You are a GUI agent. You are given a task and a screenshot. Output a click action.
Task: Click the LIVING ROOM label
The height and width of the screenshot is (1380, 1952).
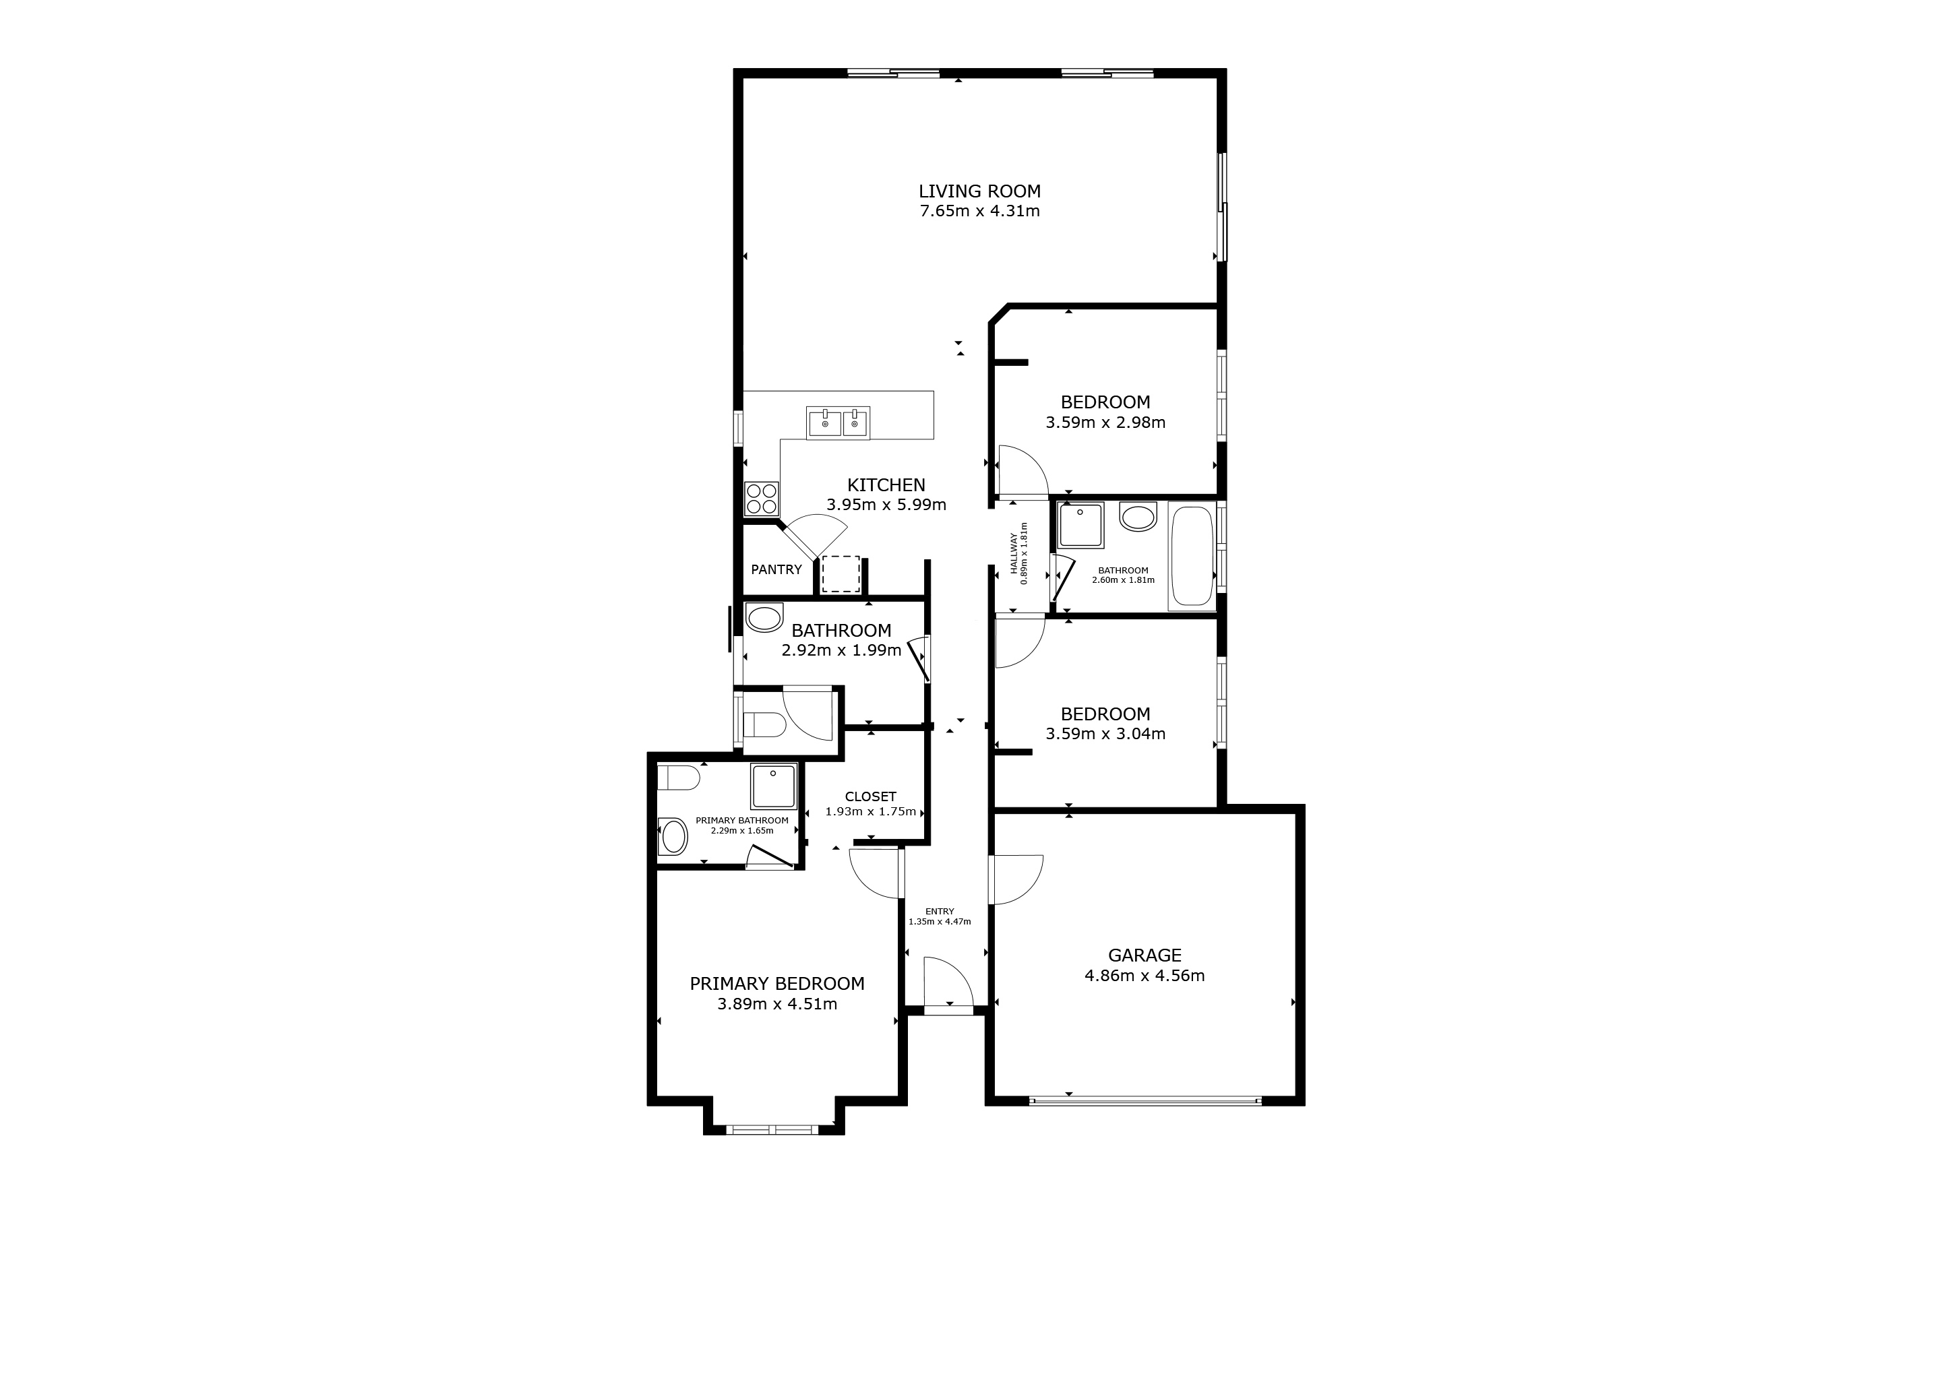click(x=979, y=191)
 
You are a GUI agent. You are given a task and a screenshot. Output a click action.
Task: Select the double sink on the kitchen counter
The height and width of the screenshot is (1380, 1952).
click(x=838, y=422)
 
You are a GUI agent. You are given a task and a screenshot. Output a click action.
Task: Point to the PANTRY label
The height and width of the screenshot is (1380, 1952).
click(x=776, y=569)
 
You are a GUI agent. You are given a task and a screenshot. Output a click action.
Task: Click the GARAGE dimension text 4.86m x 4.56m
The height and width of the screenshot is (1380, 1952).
click(x=1145, y=976)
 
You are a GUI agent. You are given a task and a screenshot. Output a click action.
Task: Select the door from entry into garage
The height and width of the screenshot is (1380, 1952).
click(x=1015, y=879)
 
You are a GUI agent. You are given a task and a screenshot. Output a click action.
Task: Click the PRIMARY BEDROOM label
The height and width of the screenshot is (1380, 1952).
click(x=776, y=983)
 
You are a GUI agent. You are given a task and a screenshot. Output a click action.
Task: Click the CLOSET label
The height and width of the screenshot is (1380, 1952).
click(x=871, y=796)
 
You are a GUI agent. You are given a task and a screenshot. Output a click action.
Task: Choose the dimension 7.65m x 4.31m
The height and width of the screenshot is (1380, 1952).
click(x=979, y=211)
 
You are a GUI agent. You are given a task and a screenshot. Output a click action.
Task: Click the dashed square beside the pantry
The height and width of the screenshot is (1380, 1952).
click(x=841, y=574)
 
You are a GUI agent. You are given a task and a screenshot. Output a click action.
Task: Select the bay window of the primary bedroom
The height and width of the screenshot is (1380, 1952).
click(x=773, y=1129)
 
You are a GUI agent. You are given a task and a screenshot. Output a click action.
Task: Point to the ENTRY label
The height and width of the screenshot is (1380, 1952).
click(x=940, y=911)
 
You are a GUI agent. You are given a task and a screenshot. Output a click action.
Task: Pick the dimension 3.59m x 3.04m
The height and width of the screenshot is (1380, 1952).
click(x=1105, y=733)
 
